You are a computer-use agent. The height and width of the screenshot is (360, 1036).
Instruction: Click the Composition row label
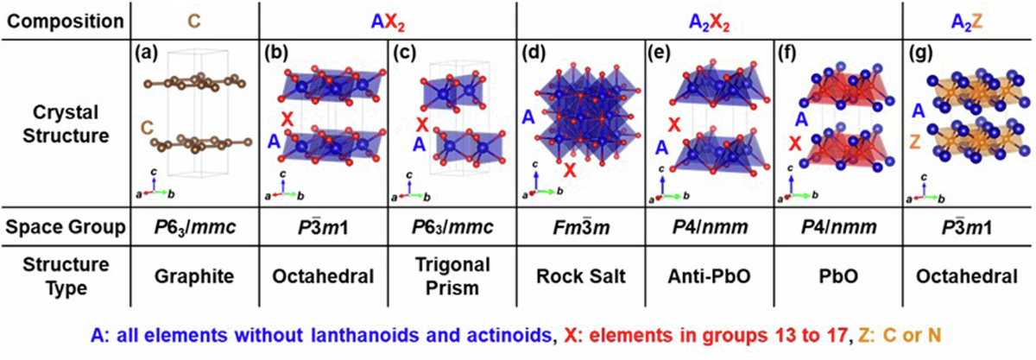pos(66,22)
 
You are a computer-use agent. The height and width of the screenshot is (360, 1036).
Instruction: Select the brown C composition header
pos(193,22)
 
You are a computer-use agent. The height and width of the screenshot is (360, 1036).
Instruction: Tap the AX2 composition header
pos(388,22)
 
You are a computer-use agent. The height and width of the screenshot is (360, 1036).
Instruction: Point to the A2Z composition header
pos(967,22)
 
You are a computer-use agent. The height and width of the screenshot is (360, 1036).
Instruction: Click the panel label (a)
pos(146,54)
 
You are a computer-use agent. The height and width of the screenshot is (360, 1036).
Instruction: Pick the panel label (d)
pos(534,54)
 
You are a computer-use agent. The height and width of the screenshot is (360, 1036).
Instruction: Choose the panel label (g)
pos(921,54)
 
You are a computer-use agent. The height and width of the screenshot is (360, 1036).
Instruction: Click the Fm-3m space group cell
pos(581,227)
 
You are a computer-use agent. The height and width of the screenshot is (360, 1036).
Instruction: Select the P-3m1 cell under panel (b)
pos(323,227)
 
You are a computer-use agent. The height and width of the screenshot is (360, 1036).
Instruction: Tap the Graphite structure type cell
pos(194,277)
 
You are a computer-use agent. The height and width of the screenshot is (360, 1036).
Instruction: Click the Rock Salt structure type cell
pos(581,276)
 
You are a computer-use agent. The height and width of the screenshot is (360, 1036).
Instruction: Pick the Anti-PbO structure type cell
pos(710,276)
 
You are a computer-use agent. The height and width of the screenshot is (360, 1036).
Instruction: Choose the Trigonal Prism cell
pos(452,276)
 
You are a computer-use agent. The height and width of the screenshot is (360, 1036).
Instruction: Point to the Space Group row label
pos(66,227)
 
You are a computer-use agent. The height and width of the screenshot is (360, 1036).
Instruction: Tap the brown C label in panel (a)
pos(147,127)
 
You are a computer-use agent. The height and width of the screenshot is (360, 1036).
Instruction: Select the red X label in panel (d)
pos(570,170)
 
